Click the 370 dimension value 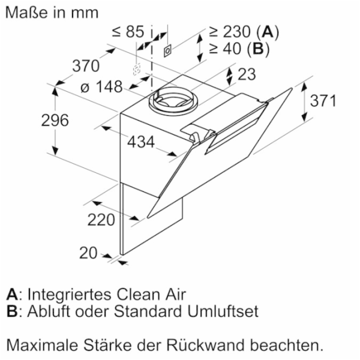click(86, 66)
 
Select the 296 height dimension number click(55, 120)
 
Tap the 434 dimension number click(141, 142)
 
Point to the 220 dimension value click(101, 220)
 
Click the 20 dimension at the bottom click(88, 253)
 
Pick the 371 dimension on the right click(323, 100)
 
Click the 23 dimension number click(247, 74)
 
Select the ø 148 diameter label click(101, 87)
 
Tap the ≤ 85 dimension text click(128, 31)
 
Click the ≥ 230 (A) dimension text click(244, 31)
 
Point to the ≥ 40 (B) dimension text click(239, 49)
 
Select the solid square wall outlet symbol click(167, 50)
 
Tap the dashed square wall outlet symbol click(137, 68)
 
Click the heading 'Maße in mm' click(52, 13)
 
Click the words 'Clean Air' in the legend click(151, 294)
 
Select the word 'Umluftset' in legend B click(223, 311)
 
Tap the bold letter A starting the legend click(12, 294)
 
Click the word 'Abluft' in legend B click(49, 311)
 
